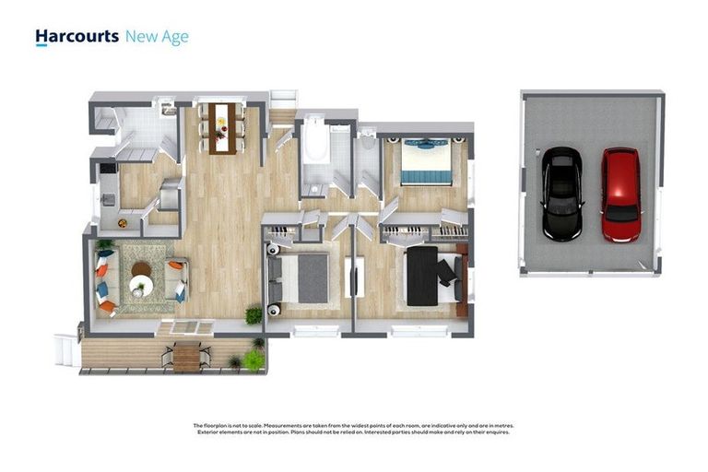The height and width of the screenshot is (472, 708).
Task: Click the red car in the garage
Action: point(620,195)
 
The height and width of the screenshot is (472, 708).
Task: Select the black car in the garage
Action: point(560,195)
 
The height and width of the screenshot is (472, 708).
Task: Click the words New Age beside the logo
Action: point(157,36)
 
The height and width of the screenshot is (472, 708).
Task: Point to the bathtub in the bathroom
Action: point(315,148)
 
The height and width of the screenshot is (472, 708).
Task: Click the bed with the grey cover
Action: point(305,277)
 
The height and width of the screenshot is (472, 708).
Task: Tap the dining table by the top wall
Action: point(220,125)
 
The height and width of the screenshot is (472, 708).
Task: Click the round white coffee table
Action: point(141,287)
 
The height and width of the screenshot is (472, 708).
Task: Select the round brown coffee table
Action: point(141,270)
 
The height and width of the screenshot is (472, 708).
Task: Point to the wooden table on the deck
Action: point(186,356)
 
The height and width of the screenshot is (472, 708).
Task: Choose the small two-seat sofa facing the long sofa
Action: point(175,279)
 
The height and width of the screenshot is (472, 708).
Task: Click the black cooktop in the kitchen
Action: point(109,169)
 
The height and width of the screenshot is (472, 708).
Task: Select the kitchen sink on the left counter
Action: point(107,197)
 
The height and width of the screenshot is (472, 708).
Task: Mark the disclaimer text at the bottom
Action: point(354,429)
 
